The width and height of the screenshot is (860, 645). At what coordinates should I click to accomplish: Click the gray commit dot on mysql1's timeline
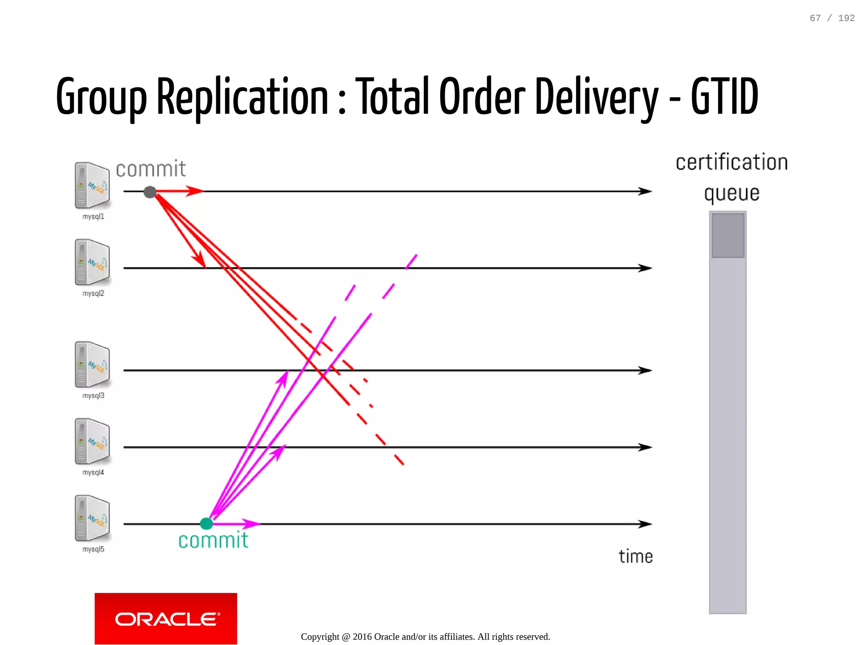pos(150,192)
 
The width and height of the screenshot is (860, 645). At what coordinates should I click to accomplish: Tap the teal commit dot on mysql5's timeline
pos(206,523)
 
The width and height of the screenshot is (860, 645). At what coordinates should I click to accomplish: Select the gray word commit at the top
pos(151,169)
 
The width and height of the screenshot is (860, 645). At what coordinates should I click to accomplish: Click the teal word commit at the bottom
pos(213,541)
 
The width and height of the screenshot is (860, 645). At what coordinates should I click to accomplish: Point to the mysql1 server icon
pos(92,185)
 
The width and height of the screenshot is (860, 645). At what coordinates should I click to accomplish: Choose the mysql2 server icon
pos(92,262)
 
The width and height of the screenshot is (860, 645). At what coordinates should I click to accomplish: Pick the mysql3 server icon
pos(92,364)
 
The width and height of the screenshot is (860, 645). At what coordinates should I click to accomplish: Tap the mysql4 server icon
pos(92,441)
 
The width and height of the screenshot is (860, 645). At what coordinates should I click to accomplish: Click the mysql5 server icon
pos(92,518)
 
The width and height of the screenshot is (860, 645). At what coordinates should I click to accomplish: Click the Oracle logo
pos(166,619)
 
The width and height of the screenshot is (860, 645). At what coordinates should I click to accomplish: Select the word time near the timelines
pos(636,556)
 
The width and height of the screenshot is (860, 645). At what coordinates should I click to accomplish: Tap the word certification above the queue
pos(732,162)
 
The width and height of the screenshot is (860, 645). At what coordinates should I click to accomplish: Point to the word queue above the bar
pos(732,193)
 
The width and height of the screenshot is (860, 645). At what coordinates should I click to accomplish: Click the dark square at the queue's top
pos(728,235)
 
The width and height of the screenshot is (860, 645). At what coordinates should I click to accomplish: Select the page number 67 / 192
pos(832,18)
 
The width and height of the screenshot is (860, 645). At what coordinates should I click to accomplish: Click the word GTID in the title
pos(724,97)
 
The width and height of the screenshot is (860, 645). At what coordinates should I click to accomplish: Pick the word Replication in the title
pos(242,97)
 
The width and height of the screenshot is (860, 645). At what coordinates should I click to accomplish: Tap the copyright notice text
pos(425,637)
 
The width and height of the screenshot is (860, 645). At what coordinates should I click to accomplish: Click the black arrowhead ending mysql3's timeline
pos(645,370)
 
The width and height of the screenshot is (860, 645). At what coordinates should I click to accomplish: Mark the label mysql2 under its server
pos(93,293)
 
